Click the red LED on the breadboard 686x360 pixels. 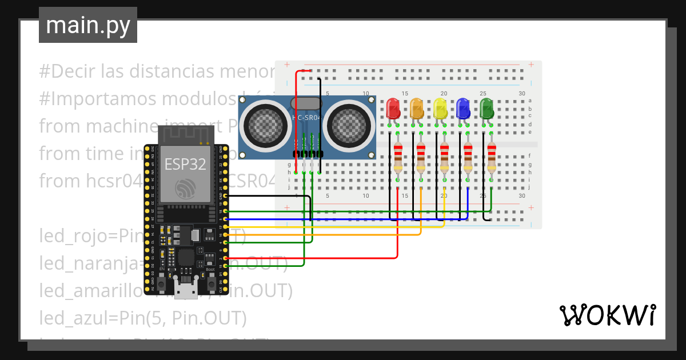(393, 109)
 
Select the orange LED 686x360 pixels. (417, 109)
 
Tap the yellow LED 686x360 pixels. (440, 109)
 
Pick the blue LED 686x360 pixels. (463, 109)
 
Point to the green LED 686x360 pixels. (486, 109)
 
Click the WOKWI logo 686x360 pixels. (607, 315)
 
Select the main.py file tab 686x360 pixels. (88, 25)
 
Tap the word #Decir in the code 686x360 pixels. (67, 72)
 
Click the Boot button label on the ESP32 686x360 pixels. (210, 269)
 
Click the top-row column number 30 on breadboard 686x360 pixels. (521, 94)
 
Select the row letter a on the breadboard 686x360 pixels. (530, 101)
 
